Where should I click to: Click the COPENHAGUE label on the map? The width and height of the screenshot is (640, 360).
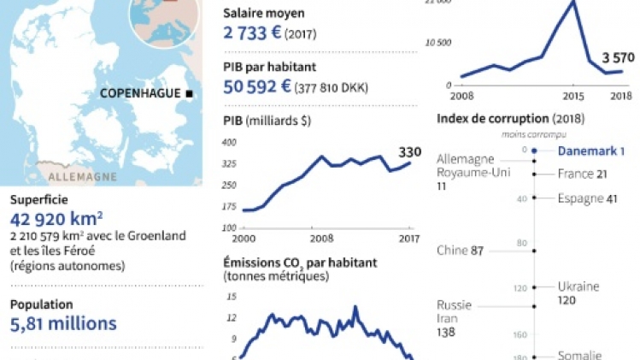pos(140,93)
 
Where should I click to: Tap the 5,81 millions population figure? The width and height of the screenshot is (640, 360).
pos(63,323)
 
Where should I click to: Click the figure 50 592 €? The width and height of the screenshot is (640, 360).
pos(256,86)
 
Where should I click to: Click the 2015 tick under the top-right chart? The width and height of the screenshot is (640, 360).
pos(570,95)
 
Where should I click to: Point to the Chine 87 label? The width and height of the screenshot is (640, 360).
pos(460,251)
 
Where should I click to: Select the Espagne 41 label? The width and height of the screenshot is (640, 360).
pos(588,198)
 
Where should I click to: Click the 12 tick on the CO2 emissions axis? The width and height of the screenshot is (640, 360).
pos(232,317)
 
